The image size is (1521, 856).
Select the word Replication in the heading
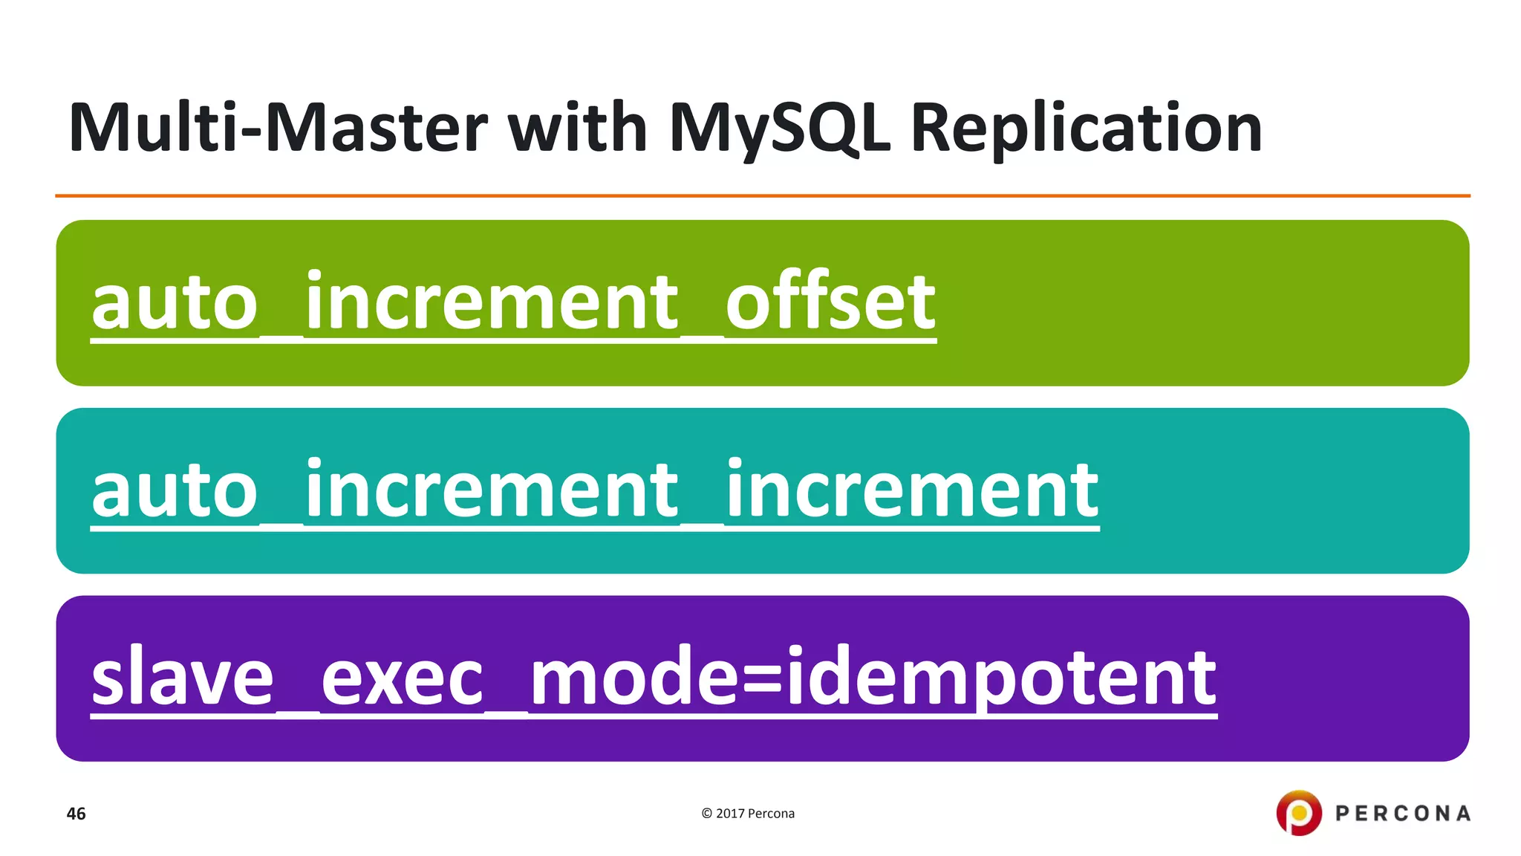pos(1086,128)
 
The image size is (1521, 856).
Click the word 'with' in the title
pos(577,128)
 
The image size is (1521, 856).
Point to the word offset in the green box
pos(830,302)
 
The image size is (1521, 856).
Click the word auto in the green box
pos(175,303)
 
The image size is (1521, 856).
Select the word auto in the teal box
pos(175,490)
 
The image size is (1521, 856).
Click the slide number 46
pos(76,814)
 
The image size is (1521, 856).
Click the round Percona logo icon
pos(1298,813)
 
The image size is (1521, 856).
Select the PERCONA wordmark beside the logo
pos(1402,814)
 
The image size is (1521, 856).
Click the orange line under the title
pos(762,196)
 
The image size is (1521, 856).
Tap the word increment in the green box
pos(492,302)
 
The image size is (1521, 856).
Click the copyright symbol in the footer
pos(706,814)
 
